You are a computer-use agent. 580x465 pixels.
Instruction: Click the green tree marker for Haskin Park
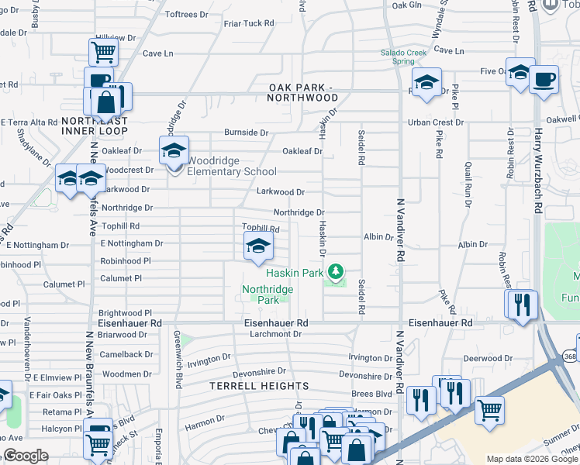[336, 273]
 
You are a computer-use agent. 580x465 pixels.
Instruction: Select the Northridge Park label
[268, 294]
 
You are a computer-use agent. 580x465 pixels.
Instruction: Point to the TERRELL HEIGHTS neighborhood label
[260, 385]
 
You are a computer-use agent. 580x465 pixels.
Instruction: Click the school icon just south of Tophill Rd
[258, 248]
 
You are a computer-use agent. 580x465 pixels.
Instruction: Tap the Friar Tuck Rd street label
[249, 23]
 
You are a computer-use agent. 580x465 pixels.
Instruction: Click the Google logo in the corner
[26, 456]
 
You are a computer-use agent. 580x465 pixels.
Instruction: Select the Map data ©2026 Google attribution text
[531, 459]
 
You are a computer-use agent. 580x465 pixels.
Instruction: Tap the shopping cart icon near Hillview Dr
[102, 52]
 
